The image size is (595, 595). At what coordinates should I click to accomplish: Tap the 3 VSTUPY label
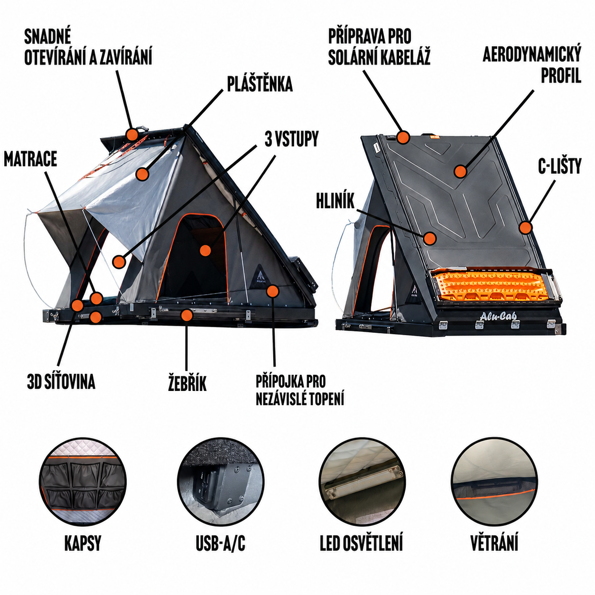tap(291, 139)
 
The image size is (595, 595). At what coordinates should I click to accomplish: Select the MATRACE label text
tap(30, 159)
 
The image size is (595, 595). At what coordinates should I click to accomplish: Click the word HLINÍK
tap(335, 201)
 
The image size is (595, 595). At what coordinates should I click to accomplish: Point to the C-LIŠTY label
tap(559, 166)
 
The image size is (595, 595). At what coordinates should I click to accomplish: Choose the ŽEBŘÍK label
tap(187, 382)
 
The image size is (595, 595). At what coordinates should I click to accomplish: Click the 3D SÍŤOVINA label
tap(61, 381)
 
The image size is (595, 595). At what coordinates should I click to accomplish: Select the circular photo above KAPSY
tap(83, 481)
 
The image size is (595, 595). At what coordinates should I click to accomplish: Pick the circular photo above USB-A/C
tap(221, 481)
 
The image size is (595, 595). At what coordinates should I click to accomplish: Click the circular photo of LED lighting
tap(362, 481)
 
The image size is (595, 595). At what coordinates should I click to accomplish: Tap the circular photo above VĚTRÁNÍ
tap(494, 481)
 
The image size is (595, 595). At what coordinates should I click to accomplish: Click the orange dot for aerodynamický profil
tap(460, 171)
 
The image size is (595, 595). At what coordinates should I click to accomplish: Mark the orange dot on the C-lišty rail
tap(525, 228)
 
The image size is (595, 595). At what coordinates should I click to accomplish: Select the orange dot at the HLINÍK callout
tap(429, 238)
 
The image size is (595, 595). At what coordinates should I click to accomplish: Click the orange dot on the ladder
tap(186, 315)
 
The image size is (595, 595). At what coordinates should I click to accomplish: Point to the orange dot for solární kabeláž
tap(403, 137)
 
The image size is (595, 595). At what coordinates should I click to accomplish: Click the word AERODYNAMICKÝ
tap(532, 55)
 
